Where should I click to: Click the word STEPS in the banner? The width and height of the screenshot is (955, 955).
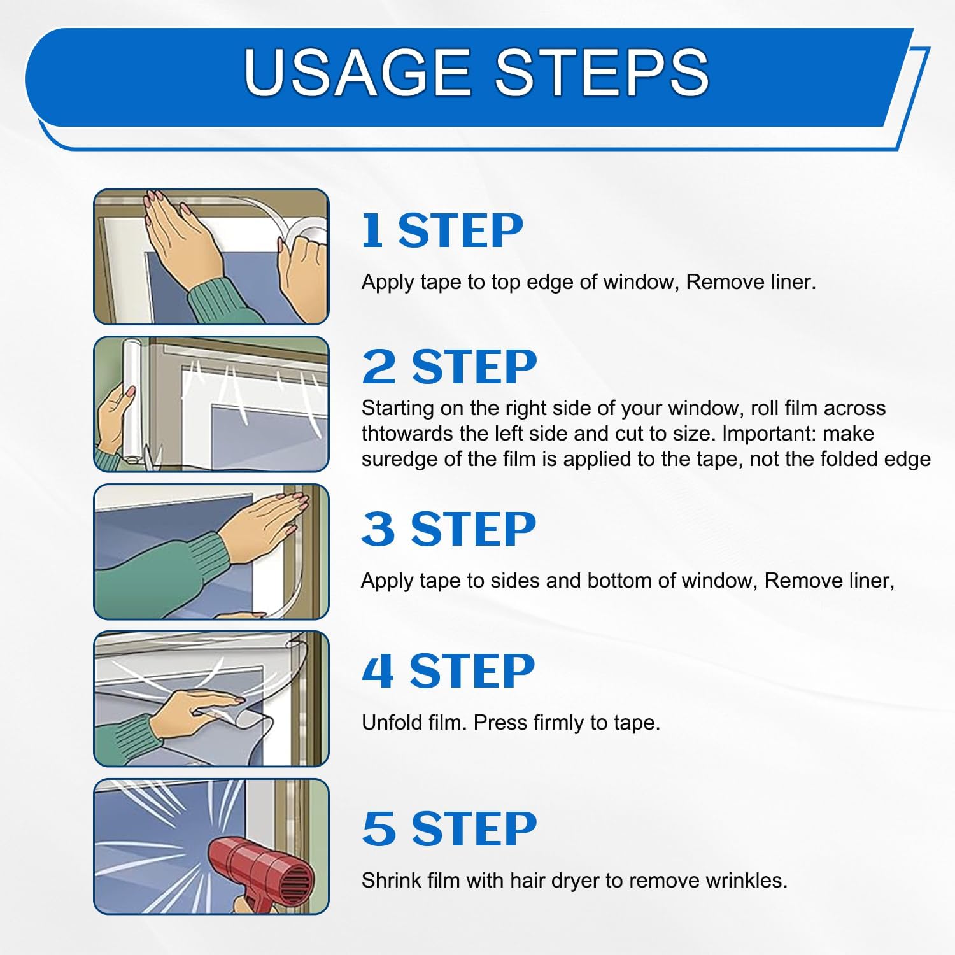click(x=602, y=72)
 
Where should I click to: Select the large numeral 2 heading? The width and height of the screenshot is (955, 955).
click(x=379, y=367)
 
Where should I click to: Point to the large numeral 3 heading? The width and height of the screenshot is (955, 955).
click(x=378, y=530)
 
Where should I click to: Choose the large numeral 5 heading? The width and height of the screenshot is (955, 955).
click(x=379, y=829)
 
